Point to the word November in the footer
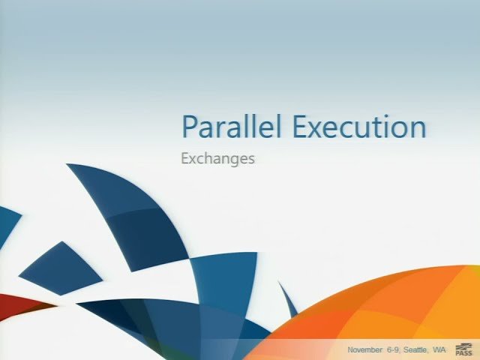[364, 350]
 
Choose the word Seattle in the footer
[415, 350]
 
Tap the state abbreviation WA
[439, 350]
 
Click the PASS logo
[463, 349]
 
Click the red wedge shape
[19, 304]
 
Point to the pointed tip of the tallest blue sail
[70, 166]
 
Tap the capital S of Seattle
[406, 350]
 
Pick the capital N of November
[351, 350]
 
